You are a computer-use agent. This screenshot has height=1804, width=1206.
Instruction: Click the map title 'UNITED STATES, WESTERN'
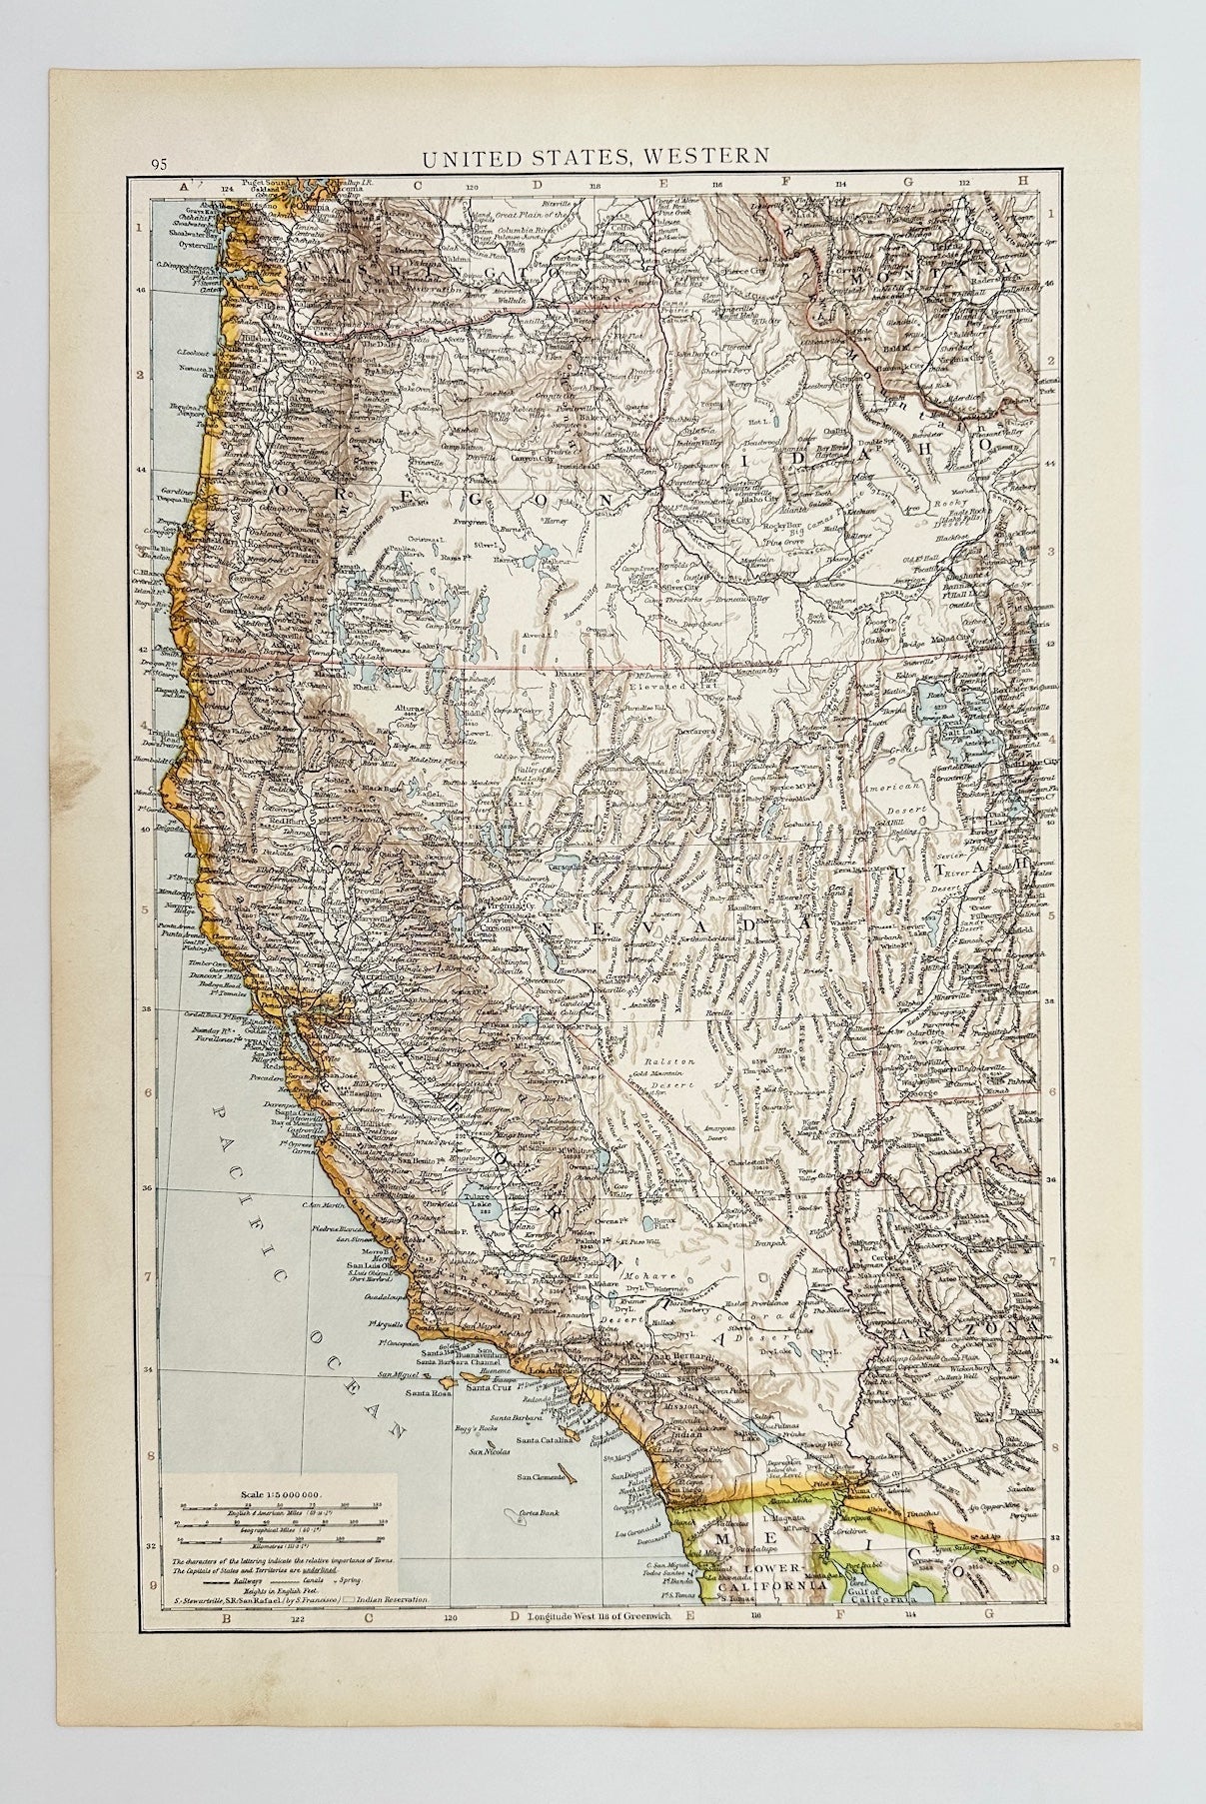[595, 156]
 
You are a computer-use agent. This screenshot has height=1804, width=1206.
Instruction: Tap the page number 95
[158, 164]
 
